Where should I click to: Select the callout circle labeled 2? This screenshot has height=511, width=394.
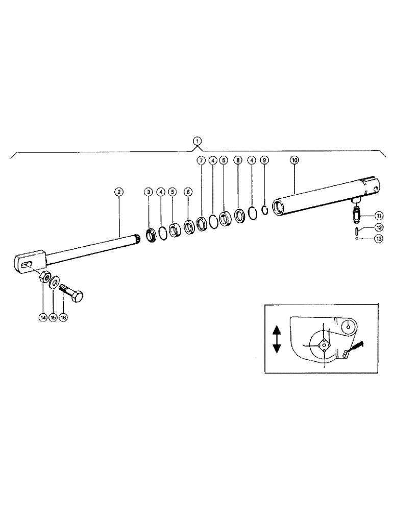[x=118, y=192]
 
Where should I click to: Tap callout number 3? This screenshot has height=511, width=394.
[x=149, y=192]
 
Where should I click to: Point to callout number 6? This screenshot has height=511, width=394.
[x=188, y=192]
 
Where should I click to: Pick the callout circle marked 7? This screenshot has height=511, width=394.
[x=201, y=160]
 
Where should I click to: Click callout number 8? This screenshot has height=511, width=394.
[x=237, y=160]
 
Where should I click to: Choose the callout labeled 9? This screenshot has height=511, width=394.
[x=263, y=160]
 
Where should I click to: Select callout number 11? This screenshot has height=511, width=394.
[x=379, y=215]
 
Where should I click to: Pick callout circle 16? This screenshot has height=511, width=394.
[x=63, y=317]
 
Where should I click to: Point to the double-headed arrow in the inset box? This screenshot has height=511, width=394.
[x=277, y=339]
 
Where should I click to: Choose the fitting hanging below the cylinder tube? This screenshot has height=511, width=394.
[x=356, y=211]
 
